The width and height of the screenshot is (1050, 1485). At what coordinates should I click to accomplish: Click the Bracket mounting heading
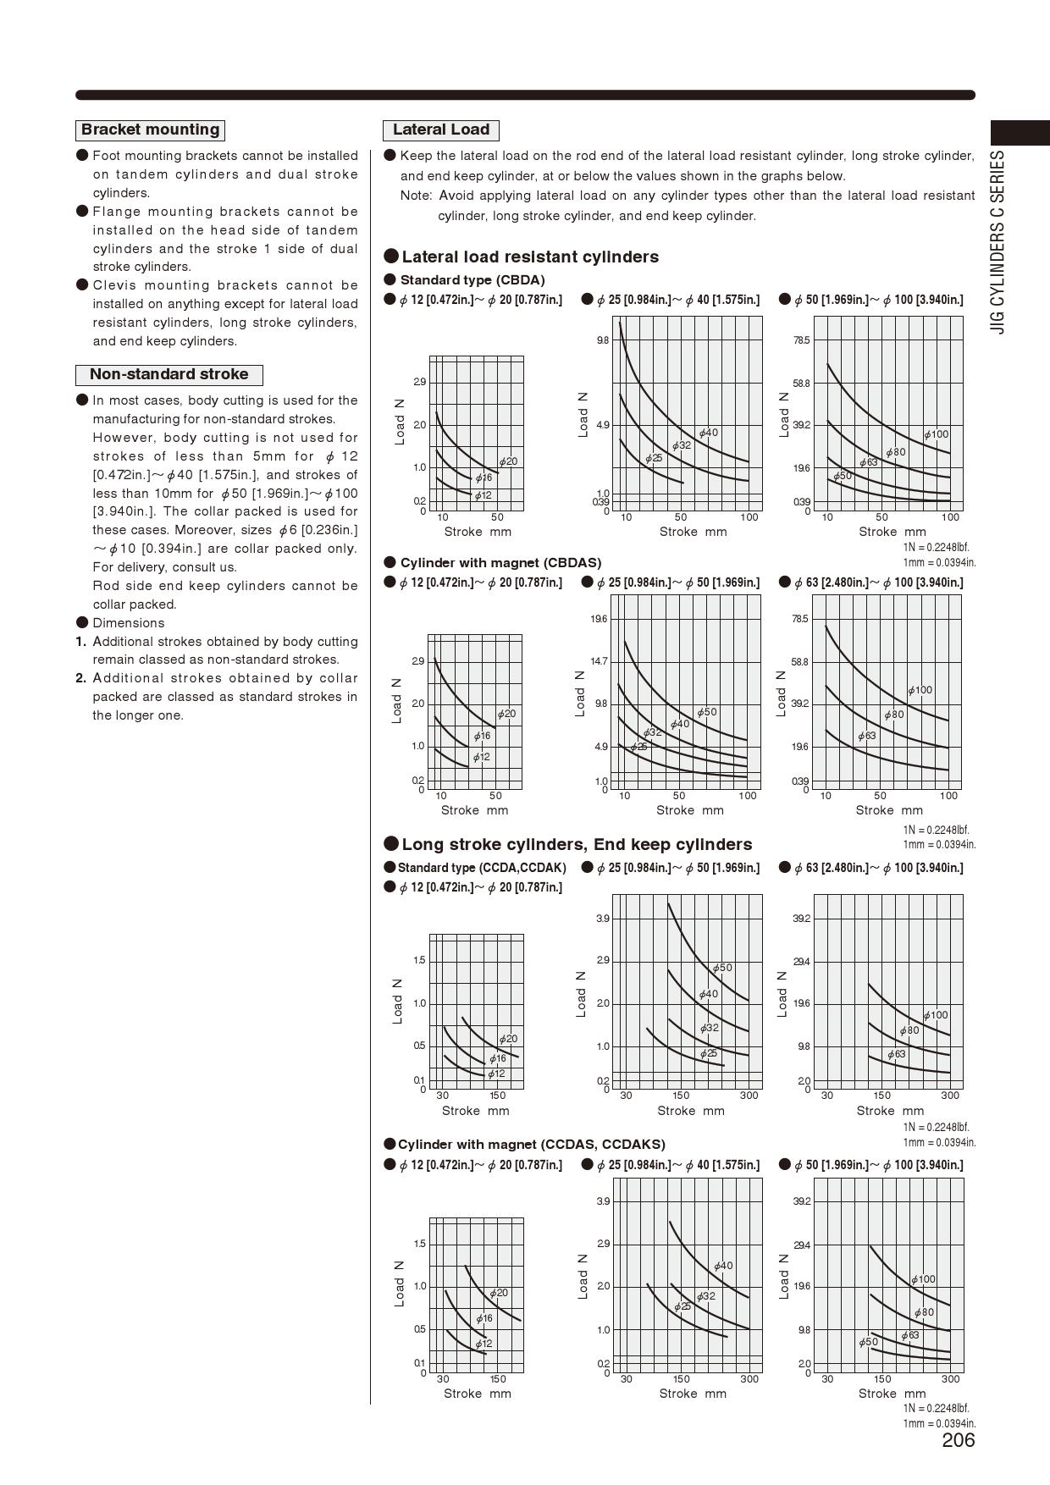tap(150, 130)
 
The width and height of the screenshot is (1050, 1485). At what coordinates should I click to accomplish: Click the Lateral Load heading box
tap(440, 130)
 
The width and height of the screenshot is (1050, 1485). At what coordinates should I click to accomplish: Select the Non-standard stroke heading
tap(169, 374)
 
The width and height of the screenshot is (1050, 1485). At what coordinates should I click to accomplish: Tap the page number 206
tap(958, 1440)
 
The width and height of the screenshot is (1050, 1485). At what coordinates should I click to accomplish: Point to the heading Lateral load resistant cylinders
tap(529, 257)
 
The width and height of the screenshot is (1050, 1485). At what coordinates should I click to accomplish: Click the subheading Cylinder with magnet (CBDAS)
tap(500, 563)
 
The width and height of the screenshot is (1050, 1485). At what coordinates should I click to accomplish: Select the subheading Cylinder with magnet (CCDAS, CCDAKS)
tap(531, 1144)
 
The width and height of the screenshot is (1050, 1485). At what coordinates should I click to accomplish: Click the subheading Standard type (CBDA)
tap(472, 280)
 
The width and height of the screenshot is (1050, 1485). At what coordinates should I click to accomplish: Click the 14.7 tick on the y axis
tap(600, 661)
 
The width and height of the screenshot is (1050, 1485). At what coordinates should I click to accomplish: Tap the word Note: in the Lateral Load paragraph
tap(416, 196)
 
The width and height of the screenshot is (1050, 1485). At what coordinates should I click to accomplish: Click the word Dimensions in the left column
tap(129, 623)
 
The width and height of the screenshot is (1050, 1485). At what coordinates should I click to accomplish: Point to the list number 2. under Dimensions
tap(81, 678)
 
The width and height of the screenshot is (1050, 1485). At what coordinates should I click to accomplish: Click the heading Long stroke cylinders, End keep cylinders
tap(577, 844)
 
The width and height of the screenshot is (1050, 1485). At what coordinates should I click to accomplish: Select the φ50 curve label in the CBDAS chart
tap(707, 712)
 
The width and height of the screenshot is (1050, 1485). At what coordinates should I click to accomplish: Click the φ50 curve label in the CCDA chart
tap(722, 968)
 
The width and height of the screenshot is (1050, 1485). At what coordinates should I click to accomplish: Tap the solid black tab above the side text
tap(1020, 133)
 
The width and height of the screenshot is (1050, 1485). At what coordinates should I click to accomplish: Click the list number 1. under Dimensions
tap(81, 642)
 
